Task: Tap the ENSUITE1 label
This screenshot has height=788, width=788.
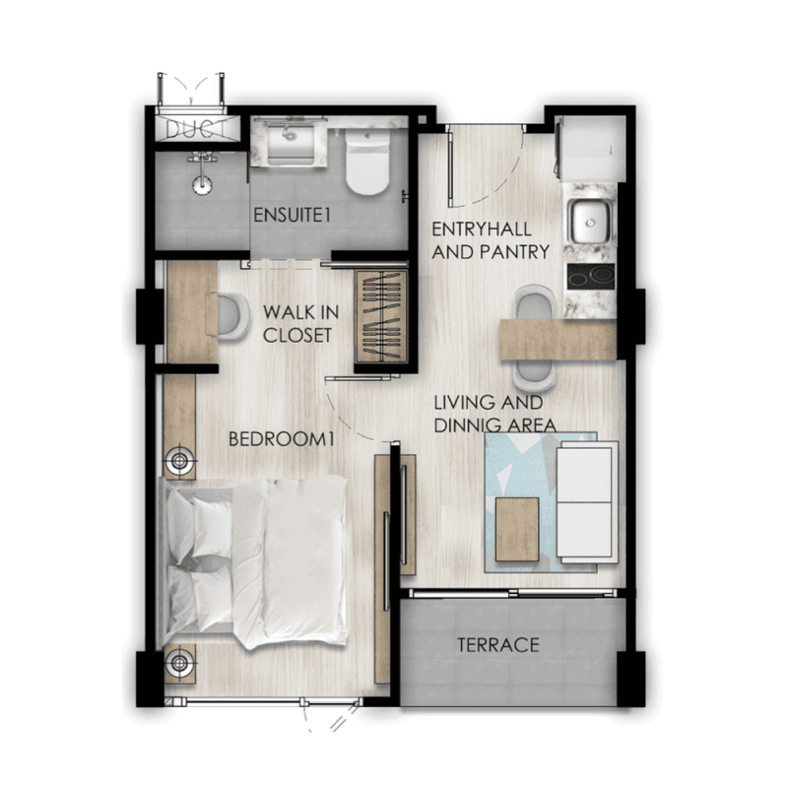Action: coord(292,215)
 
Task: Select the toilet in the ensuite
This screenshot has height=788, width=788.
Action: coord(367,162)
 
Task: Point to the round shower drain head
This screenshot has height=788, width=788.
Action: coord(202,184)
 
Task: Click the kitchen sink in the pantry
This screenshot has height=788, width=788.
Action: coord(589,222)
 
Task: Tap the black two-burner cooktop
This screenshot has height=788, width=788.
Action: coord(591,276)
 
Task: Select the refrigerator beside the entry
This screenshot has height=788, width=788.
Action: coord(590,149)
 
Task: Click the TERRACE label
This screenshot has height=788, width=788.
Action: coord(498,645)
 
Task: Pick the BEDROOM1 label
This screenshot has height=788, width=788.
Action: coord(281,439)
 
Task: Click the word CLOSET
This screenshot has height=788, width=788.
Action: coord(297,335)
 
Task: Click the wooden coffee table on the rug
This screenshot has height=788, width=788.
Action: coord(517,529)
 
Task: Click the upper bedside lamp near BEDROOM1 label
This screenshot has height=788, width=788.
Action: coord(179,460)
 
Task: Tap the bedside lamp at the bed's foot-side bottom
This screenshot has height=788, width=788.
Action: coord(179,662)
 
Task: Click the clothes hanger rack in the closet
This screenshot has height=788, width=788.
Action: coord(381,316)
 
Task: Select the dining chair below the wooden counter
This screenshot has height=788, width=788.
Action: coord(534,375)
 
